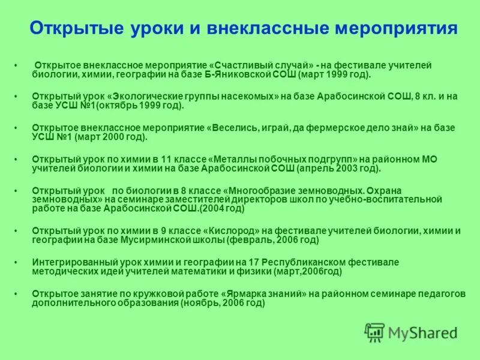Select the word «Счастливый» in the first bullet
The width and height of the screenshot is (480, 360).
(x=240, y=65)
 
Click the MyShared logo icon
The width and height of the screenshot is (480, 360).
(x=375, y=332)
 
